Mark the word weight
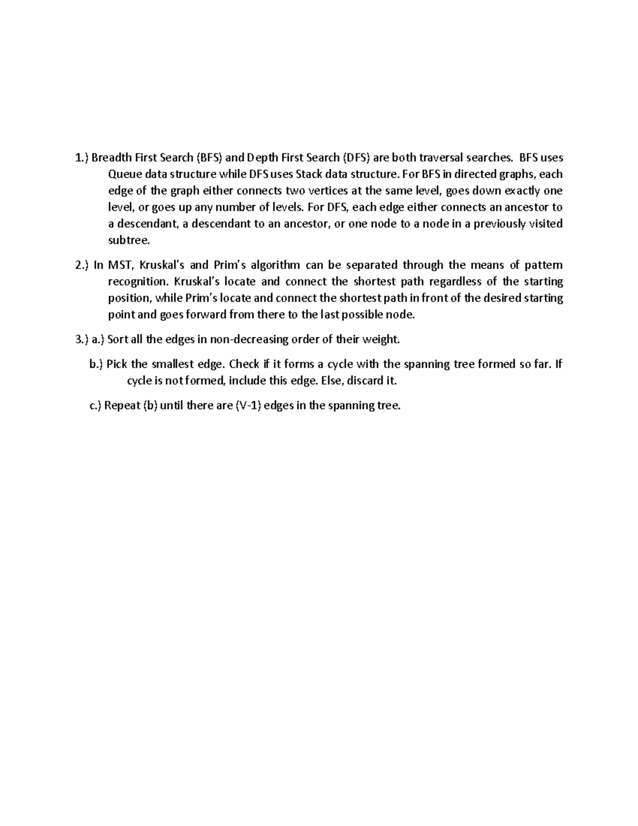click(381, 339)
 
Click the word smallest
click(174, 364)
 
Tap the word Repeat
click(122, 406)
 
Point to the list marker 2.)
click(82, 265)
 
